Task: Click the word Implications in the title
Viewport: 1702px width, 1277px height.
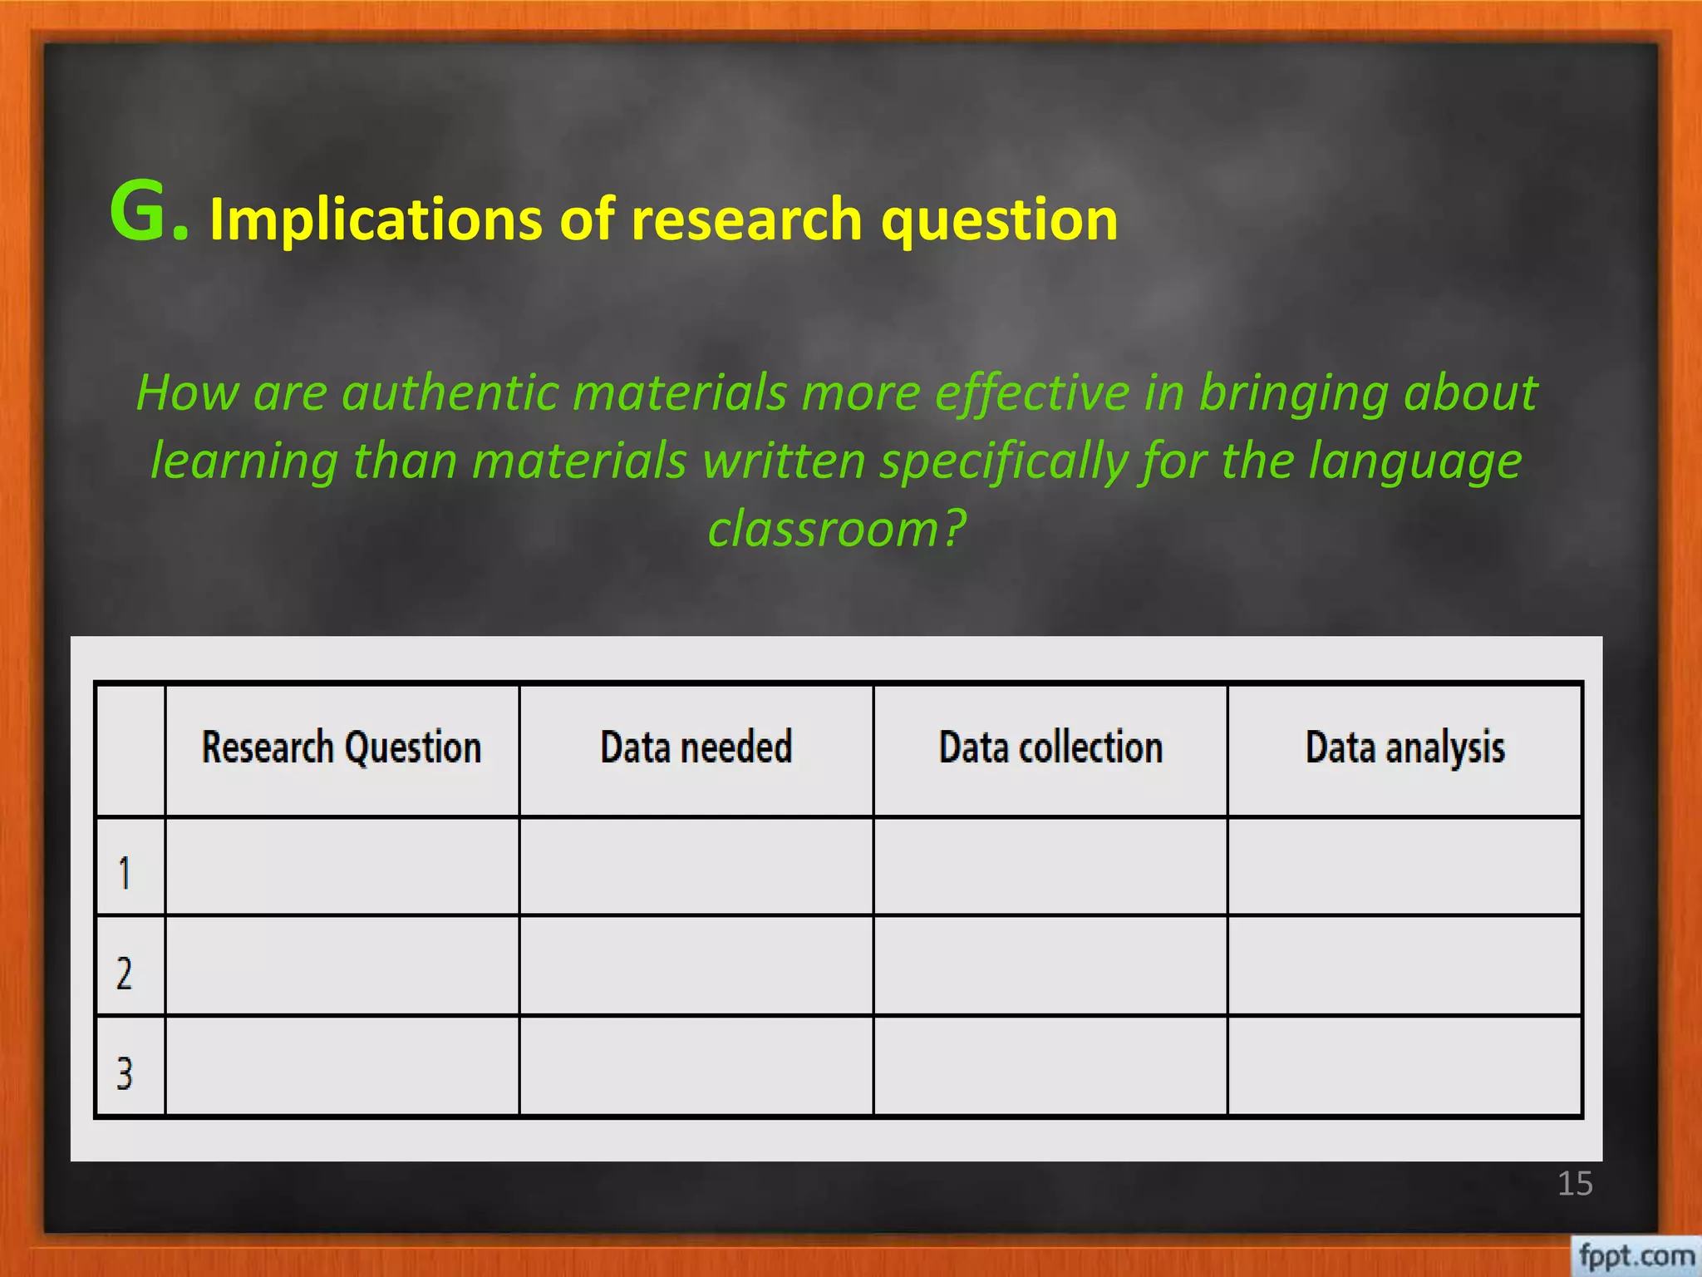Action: (375, 219)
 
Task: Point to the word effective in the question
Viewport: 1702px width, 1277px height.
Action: (1031, 392)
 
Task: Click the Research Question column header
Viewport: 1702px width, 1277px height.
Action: (342, 747)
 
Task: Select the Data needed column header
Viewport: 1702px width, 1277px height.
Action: (696, 747)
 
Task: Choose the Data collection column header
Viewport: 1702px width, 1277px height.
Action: (1050, 747)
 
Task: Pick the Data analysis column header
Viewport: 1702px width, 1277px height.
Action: (1404, 747)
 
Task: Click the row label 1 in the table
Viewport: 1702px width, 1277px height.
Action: (125, 873)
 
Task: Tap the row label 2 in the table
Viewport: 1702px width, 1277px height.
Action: (125, 973)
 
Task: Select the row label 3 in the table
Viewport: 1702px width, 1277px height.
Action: (125, 1072)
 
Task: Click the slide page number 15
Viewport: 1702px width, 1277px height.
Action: (1575, 1184)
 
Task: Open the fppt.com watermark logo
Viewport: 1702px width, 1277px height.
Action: (1636, 1255)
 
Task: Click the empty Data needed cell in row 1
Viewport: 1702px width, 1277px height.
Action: (696, 866)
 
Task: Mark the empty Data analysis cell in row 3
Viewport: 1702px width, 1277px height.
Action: (1404, 1066)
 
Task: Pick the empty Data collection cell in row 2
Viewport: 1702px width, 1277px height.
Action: (1050, 966)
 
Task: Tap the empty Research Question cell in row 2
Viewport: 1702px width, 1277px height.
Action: (342, 966)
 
